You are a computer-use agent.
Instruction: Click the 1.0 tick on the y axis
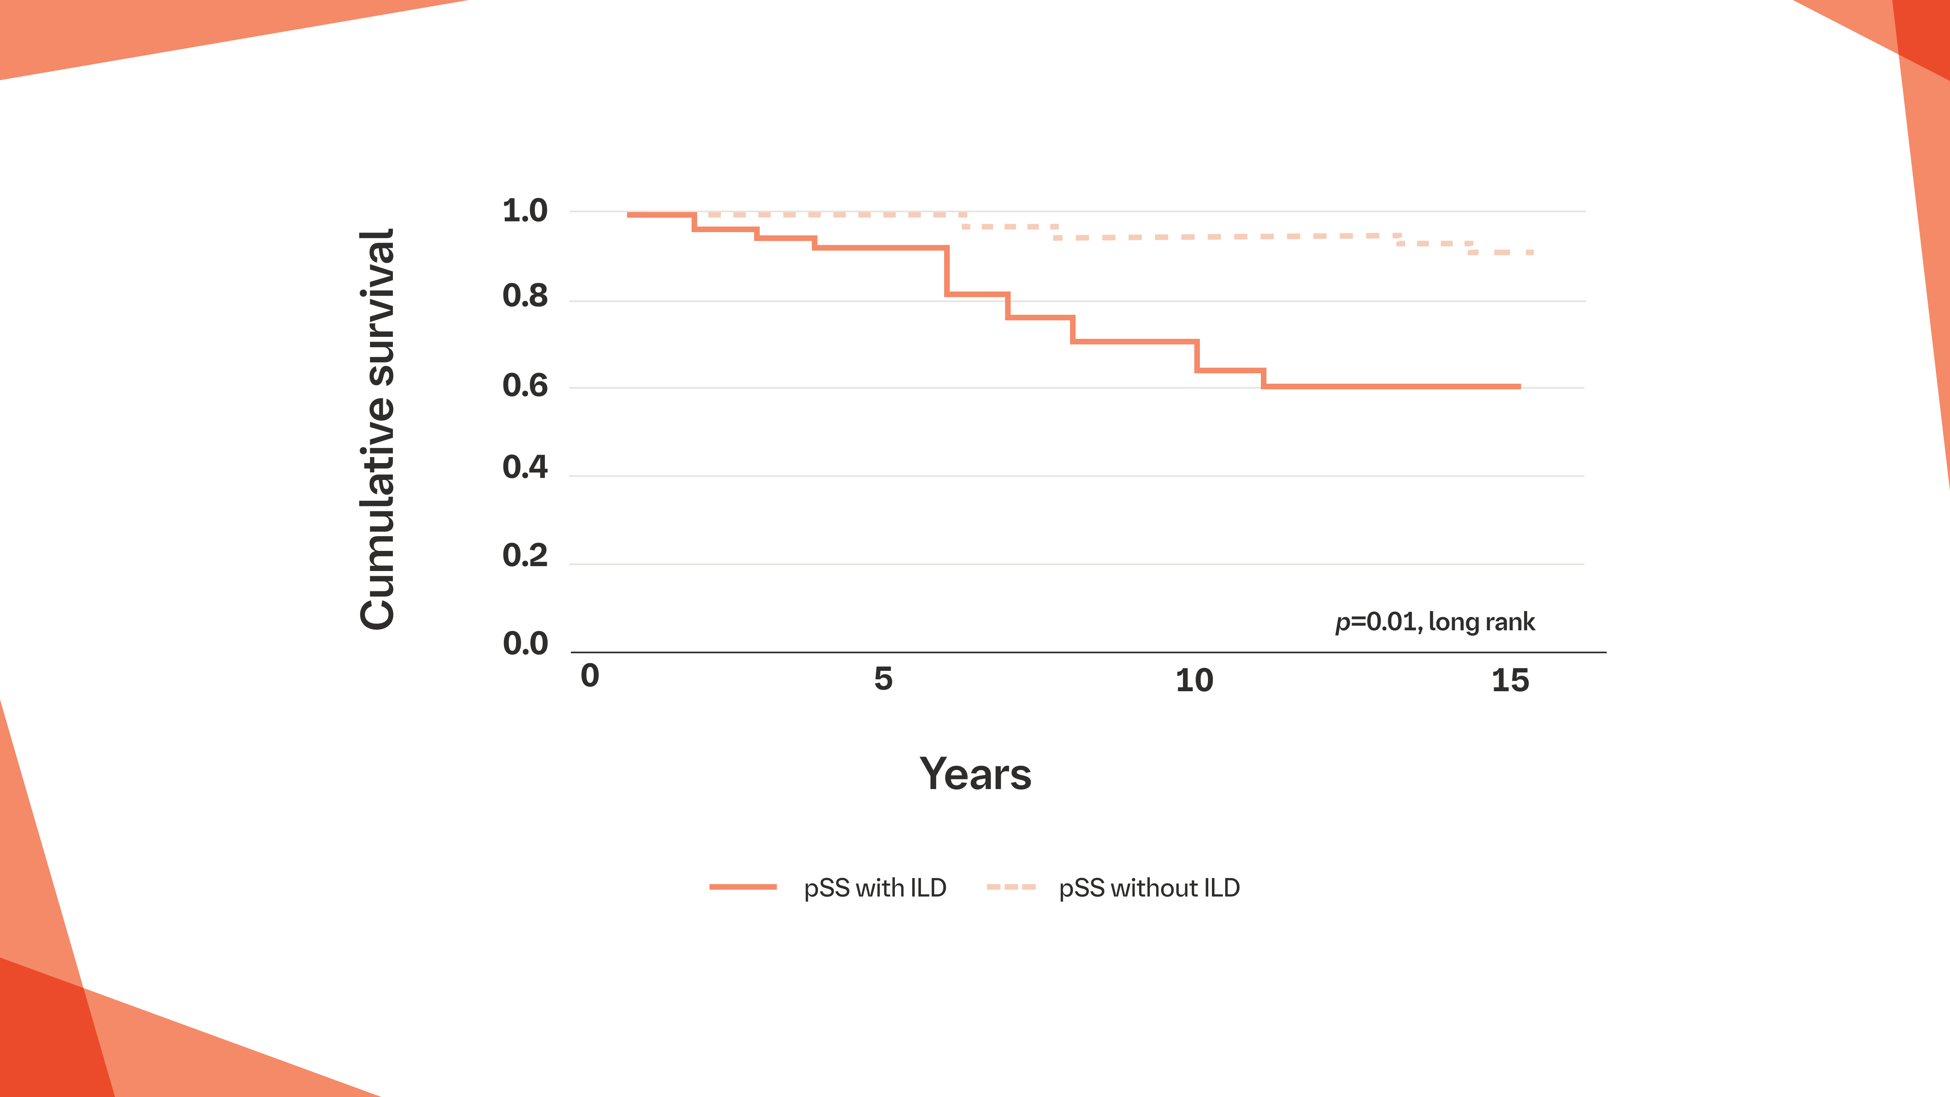tap(525, 211)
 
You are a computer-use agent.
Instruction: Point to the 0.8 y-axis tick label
tap(525, 296)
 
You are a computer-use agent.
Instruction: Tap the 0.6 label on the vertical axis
tap(525, 386)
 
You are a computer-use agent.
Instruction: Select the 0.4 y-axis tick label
tap(525, 467)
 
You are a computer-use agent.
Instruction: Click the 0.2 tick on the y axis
tap(525, 556)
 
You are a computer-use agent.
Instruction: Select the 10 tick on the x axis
tap(1194, 680)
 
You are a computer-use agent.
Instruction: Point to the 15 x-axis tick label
tap(1509, 680)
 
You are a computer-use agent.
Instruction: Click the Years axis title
tap(975, 775)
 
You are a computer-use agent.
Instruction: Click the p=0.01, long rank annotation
tap(1434, 621)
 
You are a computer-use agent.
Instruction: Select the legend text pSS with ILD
tap(874, 888)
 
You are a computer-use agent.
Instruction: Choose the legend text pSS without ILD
tap(1148, 888)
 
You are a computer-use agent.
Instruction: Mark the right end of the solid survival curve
tap(1519, 386)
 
